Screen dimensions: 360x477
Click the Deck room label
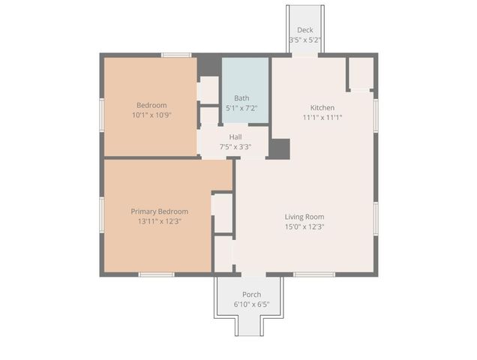point(304,30)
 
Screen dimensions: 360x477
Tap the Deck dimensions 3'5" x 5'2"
point(304,40)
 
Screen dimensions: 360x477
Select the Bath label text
point(241,98)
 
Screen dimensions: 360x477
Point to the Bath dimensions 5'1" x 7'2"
point(241,109)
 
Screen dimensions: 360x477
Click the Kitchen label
point(322,107)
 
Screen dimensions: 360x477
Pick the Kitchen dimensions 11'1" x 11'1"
point(322,118)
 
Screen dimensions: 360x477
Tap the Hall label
point(235,136)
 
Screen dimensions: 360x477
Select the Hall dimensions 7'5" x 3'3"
point(235,147)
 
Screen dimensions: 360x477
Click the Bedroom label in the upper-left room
point(151,105)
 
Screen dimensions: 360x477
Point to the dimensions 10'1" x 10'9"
point(151,115)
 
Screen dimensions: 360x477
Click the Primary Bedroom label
point(159,211)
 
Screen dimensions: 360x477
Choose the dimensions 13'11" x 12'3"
point(159,222)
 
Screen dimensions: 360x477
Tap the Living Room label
point(304,217)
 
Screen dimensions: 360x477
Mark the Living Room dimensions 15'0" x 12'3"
point(304,227)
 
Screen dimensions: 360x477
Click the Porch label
point(251,294)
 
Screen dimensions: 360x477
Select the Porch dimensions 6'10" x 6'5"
point(251,304)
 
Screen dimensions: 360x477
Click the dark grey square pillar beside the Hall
point(280,148)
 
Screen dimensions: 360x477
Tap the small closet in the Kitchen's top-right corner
point(361,73)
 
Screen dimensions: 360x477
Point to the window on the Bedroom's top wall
point(176,55)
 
